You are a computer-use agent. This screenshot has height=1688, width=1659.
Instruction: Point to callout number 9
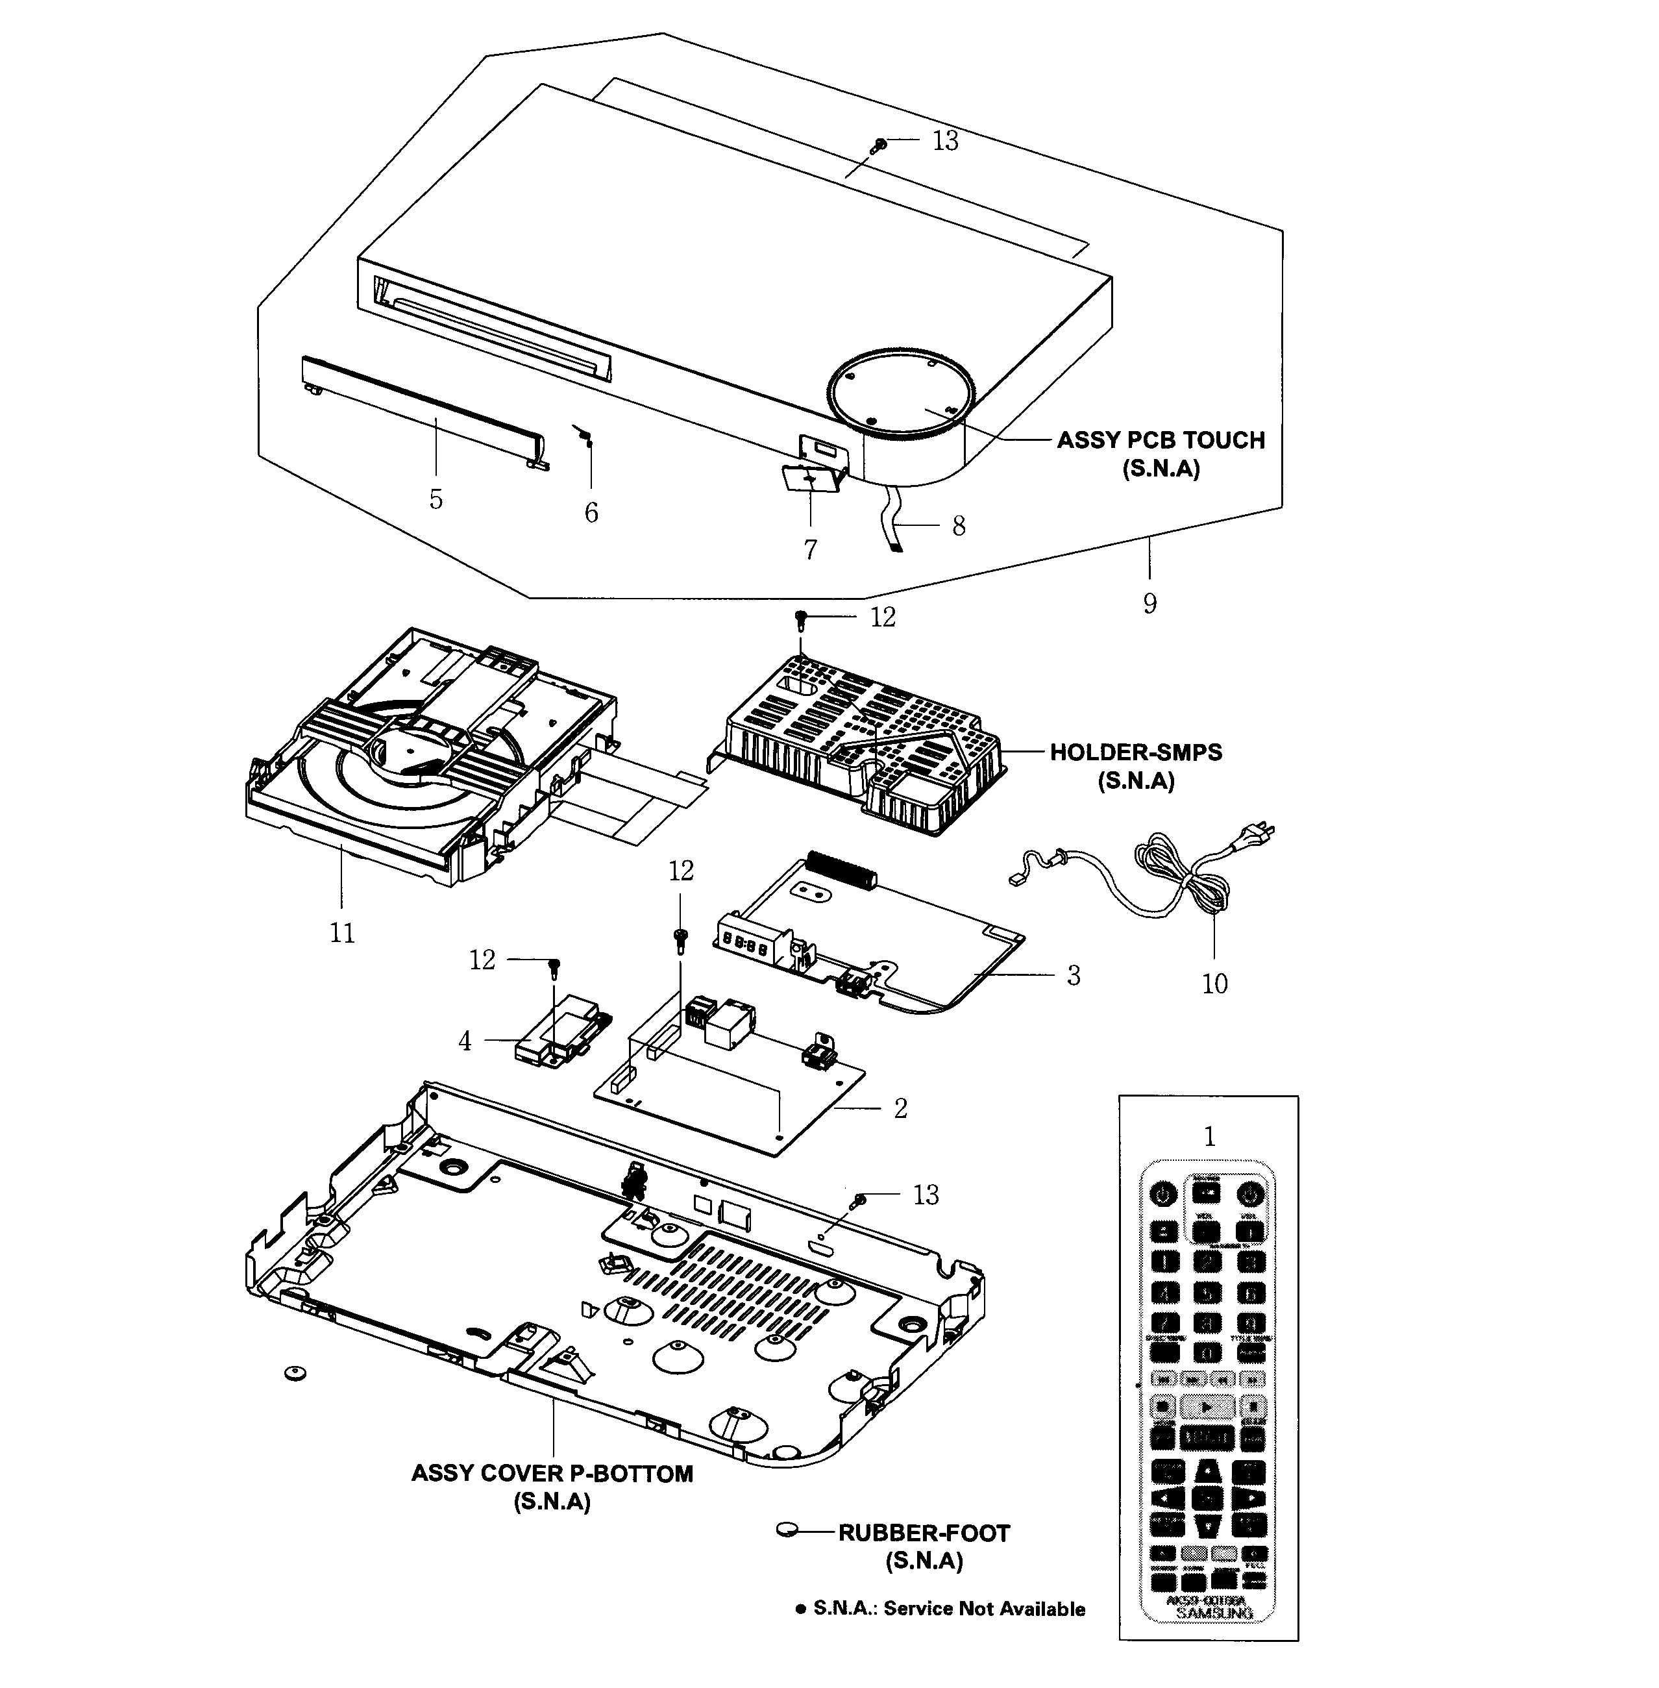pyautogui.click(x=1149, y=603)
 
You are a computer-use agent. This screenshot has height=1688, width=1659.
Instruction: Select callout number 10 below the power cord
pyautogui.click(x=1214, y=984)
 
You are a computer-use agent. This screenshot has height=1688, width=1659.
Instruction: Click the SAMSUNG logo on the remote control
pyautogui.click(x=1214, y=1613)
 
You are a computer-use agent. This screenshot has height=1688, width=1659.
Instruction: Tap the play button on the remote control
pyautogui.click(x=1206, y=1406)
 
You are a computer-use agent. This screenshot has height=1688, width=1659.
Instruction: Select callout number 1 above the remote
pyautogui.click(x=1209, y=1136)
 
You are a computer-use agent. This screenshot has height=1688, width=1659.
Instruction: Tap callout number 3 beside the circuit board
pyautogui.click(x=1073, y=975)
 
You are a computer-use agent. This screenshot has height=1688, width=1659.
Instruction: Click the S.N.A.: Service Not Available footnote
pyautogui.click(x=941, y=1609)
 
